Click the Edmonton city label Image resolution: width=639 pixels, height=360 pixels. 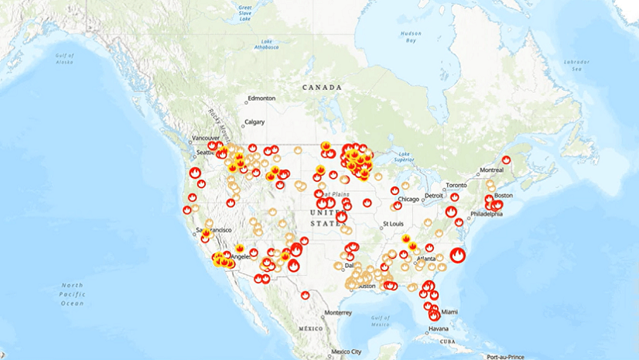pos(260,99)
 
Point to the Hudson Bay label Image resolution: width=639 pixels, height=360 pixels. pos(411,36)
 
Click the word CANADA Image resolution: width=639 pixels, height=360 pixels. pos(322,87)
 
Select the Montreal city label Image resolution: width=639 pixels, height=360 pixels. pos(491,170)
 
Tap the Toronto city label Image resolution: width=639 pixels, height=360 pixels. pos(456,186)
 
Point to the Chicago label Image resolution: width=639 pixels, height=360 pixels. pos(409,199)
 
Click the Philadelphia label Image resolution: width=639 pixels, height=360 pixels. pos(485,214)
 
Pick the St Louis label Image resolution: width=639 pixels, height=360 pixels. pos(393,225)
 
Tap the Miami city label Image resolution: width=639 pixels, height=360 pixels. pos(449,311)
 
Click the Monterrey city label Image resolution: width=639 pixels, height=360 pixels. pos(338,312)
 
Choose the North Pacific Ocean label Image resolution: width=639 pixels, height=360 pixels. pos(73,294)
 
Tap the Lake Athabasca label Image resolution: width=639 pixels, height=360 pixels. pos(267,44)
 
